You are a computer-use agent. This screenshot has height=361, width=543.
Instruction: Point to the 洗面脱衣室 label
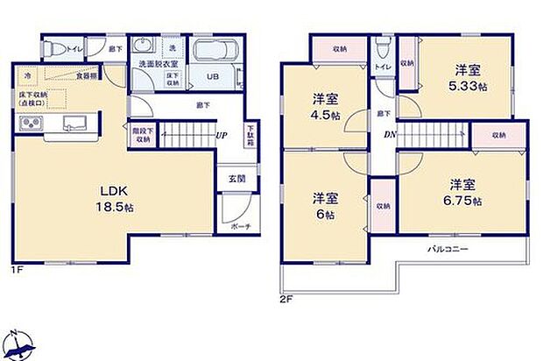click(154, 65)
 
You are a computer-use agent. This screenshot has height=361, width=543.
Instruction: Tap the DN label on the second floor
click(390, 135)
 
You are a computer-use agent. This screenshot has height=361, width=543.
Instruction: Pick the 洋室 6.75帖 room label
click(463, 192)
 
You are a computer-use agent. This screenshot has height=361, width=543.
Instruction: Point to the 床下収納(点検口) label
click(32, 98)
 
